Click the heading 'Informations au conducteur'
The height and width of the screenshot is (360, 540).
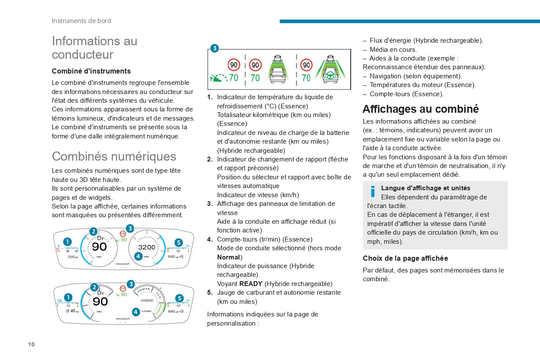[x=94, y=47]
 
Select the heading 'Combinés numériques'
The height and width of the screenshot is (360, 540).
[x=114, y=156]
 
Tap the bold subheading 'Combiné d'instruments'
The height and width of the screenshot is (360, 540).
[x=91, y=71]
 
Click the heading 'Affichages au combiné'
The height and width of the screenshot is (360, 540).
[x=420, y=109]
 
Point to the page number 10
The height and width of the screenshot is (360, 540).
[x=31, y=344]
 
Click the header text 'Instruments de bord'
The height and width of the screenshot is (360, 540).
[x=81, y=21]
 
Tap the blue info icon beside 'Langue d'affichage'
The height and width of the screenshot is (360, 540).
[x=372, y=192]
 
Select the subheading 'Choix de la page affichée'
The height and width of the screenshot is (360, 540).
[x=405, y=258]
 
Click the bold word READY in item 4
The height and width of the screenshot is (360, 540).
[x=251, y=284]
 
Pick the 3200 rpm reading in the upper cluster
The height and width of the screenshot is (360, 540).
[x=147, y=247]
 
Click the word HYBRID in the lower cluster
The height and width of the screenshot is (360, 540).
[x=147, y=301]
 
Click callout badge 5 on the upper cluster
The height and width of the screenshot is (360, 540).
[x=178, y=242]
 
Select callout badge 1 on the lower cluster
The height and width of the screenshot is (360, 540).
[x=68, y=297]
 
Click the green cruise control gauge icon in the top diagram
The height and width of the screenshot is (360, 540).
[x=218, y=78]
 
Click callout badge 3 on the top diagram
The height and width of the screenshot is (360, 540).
[x=215, y=48]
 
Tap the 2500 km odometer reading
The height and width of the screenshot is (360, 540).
[x=73, y=257]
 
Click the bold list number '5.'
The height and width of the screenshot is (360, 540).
[x=210, y=293]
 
